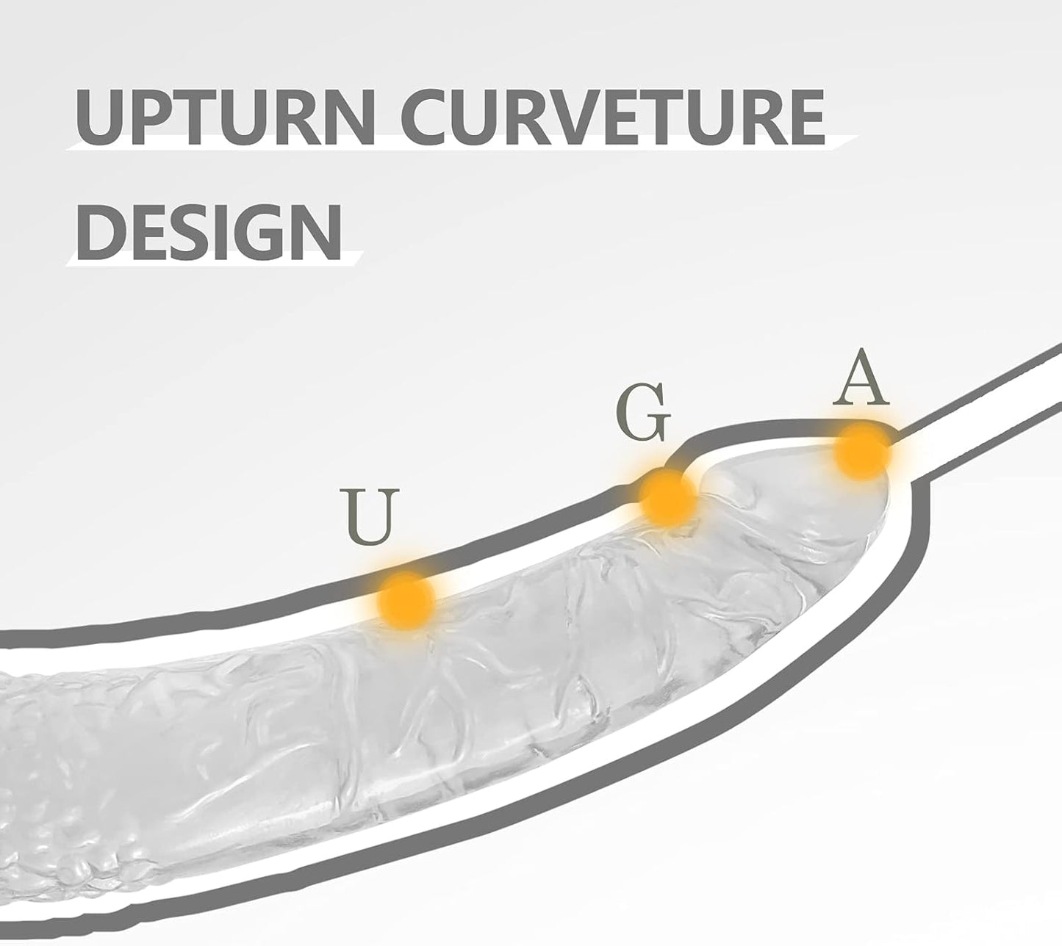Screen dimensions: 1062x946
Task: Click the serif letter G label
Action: (642, 415)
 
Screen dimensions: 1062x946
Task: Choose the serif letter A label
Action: (861, 378)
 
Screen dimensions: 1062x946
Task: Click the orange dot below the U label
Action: (406, 600)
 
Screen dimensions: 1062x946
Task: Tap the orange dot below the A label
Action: (862, 452)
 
